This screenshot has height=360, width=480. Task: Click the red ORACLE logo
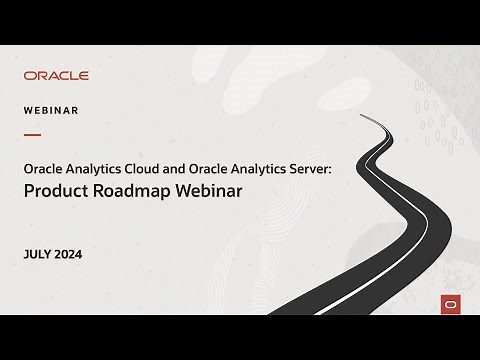(x=56, y=75)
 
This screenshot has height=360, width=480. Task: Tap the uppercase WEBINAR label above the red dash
(x=51, y=110)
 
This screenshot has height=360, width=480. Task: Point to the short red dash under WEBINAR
(x=32, y=134)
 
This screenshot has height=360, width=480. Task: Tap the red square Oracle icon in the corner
(x=448, y=305)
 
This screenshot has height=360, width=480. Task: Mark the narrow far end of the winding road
(x=359, y=113)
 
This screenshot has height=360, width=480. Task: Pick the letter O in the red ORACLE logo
(x=28, y=75)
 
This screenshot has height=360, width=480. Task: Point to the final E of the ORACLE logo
(x=84, y=75)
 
